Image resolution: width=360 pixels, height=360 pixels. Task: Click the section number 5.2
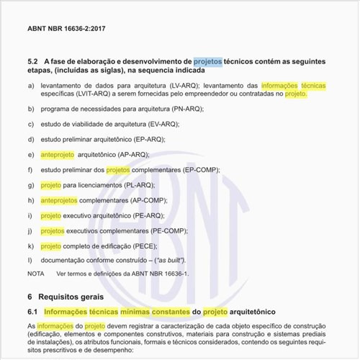(32, 62)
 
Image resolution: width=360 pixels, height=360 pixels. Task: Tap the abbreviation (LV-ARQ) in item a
(179, 85)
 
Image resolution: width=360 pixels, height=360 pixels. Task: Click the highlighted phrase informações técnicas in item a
(293, 85)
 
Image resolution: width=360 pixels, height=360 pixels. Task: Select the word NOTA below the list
(35, 274)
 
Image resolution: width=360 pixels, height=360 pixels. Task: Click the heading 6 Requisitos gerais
(66, 296)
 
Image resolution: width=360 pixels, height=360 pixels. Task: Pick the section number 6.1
(32, 312)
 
